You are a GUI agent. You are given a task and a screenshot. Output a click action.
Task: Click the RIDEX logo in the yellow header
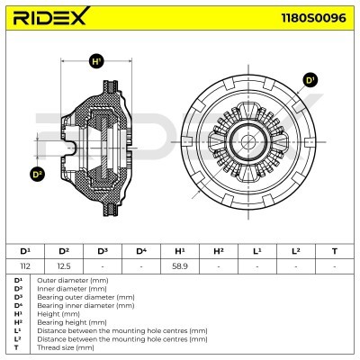(x=50, y=16)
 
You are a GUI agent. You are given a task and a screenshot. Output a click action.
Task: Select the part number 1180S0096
(x=313, y=18)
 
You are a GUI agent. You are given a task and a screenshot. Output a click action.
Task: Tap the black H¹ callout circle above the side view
(x=96, y=62)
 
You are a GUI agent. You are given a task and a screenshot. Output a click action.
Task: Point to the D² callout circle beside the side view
(x=37, y=175)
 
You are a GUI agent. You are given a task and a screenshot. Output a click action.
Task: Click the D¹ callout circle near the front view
(x=310, y=80)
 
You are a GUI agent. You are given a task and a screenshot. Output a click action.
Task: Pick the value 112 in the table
(x=25, y=266)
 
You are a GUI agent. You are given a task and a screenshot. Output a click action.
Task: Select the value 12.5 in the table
(x=63, y=266)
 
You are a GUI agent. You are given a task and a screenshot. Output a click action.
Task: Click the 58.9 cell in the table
(x=180, y=266)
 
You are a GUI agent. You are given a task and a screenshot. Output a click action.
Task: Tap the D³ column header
(x=103, y=251)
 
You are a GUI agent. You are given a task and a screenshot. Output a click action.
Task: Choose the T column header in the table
(x=335, y=251)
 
